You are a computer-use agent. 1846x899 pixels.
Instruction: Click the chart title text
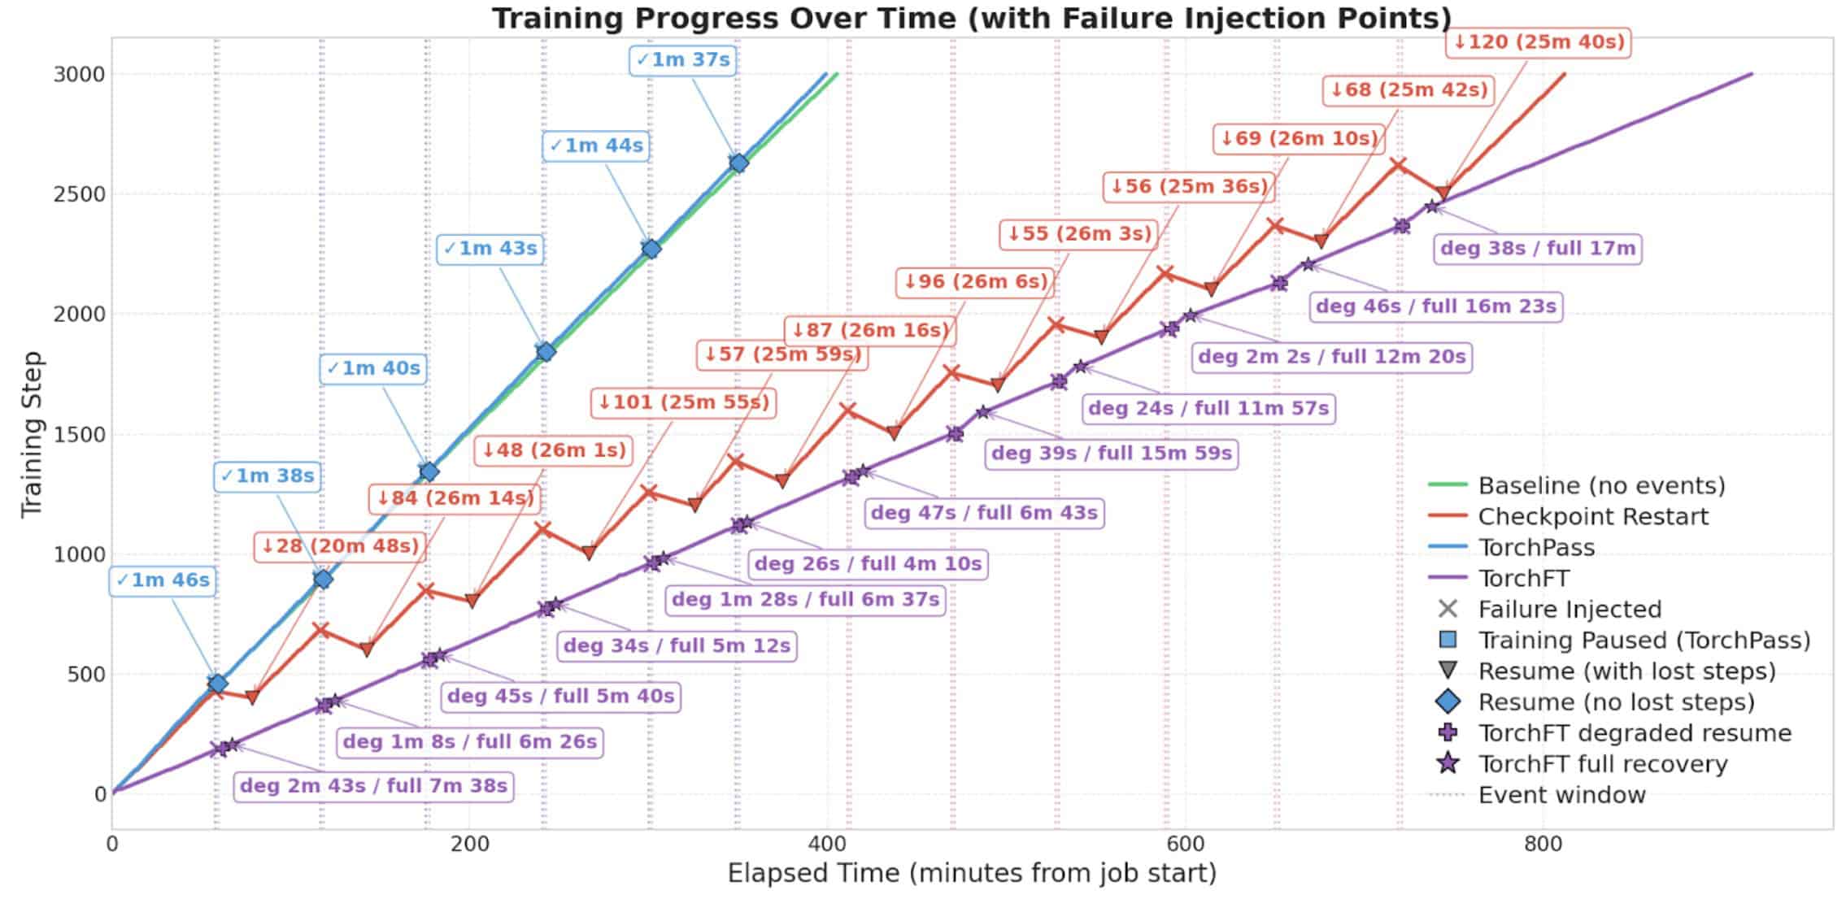tap(972, 18)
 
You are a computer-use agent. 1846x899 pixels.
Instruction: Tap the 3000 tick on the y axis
tap(80, 75)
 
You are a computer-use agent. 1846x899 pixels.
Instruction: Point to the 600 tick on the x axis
tap(1185, 844)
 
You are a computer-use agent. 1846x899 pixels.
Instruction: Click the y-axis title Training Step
tap(31, 434)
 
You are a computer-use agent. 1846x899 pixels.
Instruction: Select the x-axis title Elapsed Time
tap(972, 874)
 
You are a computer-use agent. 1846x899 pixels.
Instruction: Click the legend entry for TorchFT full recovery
tap(1602, 764)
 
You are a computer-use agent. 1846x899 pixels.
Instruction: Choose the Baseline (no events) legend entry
tap(1601, 485)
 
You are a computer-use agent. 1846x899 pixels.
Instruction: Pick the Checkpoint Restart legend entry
tap(1592, 516)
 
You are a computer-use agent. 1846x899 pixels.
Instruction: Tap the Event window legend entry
tap(1561, 795)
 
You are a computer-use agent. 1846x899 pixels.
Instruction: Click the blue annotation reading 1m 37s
tap(683, 60)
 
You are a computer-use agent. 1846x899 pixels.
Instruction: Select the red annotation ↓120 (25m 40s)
tap(1539, 41)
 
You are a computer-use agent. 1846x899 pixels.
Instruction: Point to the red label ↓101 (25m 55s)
tap(683, 402)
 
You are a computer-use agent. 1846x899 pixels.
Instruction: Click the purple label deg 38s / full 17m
tap(1538, 248)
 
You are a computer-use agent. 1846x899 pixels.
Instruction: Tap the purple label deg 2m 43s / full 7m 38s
tap(374, 786)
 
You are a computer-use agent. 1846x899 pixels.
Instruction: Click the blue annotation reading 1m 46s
tap(163, 580)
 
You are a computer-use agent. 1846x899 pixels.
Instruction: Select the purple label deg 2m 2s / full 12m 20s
tap(1332, 357)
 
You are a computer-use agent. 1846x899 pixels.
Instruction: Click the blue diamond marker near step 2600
tap(738, 163)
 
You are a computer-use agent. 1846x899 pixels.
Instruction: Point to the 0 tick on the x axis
tap(112, 844)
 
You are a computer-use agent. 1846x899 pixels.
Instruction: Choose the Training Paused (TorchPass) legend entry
tap(1644, 641)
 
